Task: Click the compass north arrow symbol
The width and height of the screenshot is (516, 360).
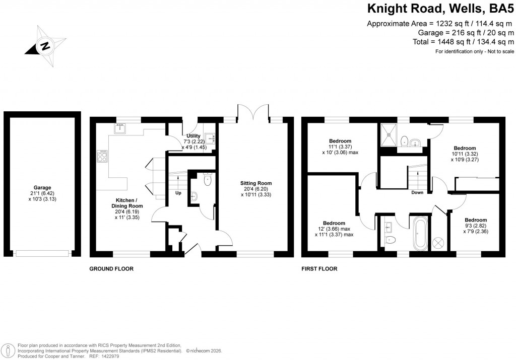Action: point(45,47)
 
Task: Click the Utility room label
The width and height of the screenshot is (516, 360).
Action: point(193,136)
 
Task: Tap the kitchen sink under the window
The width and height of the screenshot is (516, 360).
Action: point(120,129)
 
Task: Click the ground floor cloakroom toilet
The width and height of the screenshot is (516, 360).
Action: point(207,179)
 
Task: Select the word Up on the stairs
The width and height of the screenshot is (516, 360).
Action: point(178,193)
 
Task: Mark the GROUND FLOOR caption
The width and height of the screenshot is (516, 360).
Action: point(111,269)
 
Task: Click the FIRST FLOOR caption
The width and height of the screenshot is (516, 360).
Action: point(319,269)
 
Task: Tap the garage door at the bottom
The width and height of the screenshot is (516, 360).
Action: point(43,253)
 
